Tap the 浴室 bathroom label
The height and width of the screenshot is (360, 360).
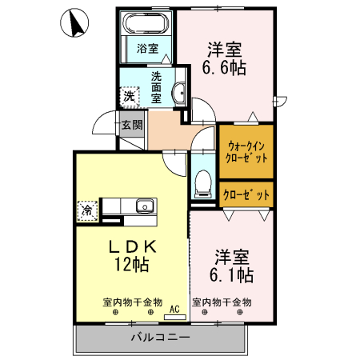[146, 48]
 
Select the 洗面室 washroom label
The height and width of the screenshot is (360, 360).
[158, 86]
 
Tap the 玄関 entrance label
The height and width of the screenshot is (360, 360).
[132, 125]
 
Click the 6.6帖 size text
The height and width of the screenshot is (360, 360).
[223, 68]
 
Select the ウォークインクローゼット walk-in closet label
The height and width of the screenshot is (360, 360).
[246, 151]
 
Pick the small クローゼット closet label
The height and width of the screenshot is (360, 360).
[246, 194]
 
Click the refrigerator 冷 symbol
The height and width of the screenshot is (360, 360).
[86, 210]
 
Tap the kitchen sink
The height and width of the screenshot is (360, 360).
[145, 206]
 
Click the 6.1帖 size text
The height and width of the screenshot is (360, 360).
[233, 276]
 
